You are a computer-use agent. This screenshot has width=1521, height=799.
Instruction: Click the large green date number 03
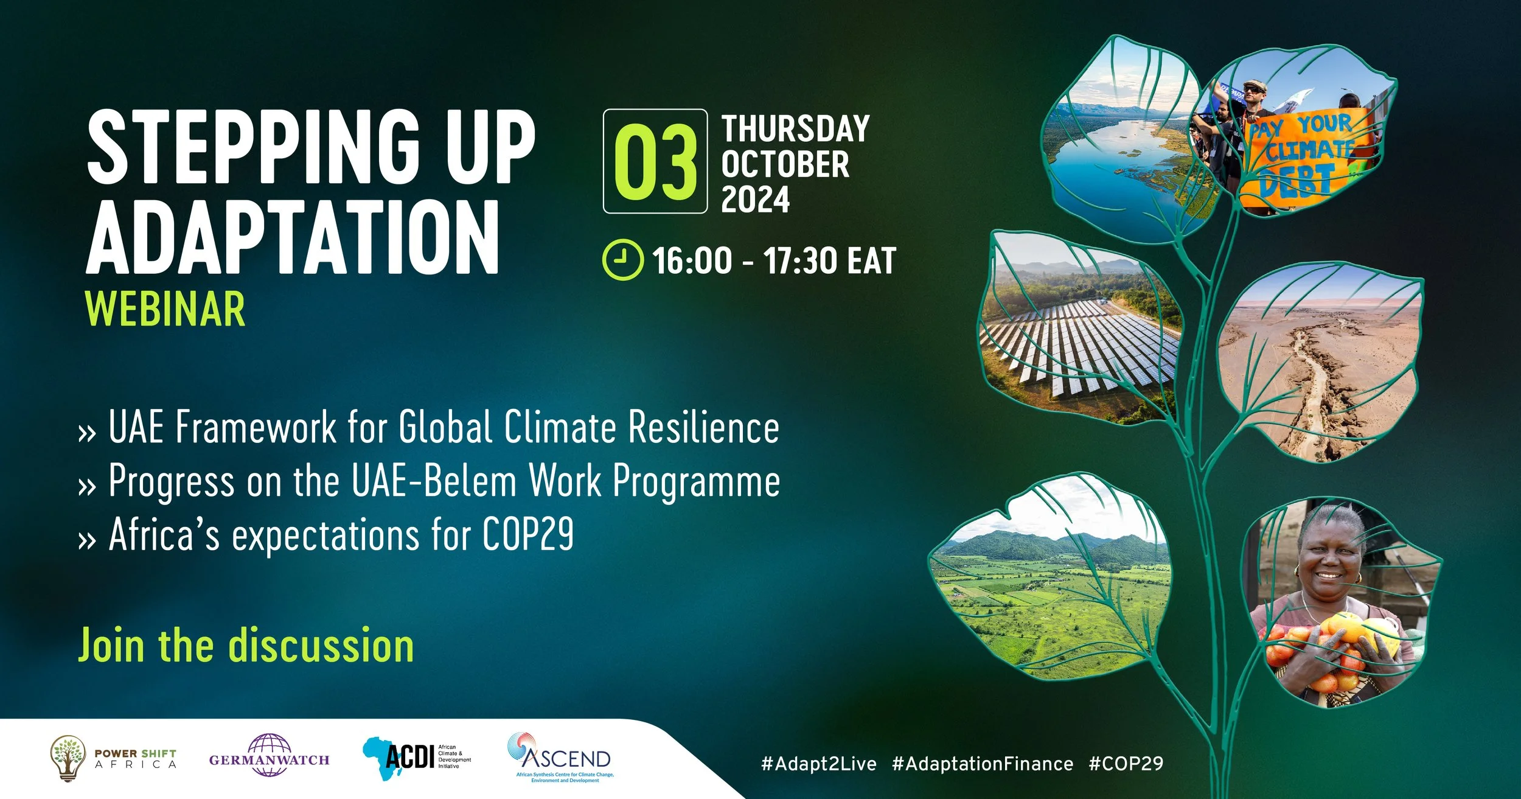tap(655, 162)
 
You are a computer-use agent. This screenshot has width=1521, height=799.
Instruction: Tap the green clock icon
tap(622, 260)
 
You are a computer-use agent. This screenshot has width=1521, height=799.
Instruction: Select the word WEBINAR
tap(165, 310)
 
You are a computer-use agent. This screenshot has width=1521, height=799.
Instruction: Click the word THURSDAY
tap(795, 129)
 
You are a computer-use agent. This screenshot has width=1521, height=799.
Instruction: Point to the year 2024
tap(755, 200)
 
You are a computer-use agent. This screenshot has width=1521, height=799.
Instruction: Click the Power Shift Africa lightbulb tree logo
tap(68, 758)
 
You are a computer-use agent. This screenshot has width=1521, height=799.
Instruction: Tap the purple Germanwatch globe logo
tap(269, 755)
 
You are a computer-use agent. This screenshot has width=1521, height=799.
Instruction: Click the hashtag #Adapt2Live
tap(818, 764)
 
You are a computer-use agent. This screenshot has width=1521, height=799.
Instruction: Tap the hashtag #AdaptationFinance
tap(982, 764)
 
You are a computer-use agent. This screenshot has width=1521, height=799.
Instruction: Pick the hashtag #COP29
tap(1126, 764)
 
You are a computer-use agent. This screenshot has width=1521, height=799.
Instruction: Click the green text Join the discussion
tap(246, 646)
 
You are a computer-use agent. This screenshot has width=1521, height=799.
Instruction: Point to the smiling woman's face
tap(1328, 560)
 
